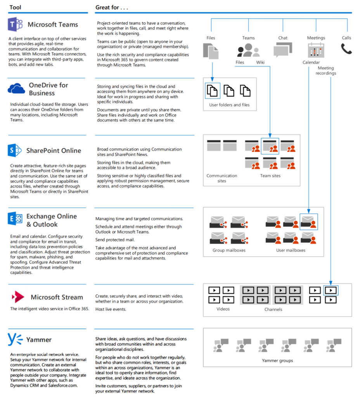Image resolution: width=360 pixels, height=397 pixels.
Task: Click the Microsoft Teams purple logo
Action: [15, 24]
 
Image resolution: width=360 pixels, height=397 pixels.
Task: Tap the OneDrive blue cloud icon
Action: [16, 89]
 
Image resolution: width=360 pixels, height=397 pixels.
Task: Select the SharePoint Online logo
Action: [14, 150]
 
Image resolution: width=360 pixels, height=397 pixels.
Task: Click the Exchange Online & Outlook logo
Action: [14, 219]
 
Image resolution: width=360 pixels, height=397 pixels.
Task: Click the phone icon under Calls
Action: [346, 48]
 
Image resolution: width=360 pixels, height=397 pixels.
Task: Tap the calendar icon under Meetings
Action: [316, 50]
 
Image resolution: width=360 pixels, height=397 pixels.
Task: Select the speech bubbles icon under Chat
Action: [282, 50]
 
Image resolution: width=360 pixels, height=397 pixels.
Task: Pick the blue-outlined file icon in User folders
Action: [213, 91]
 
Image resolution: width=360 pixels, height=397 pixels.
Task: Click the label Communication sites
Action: [222, 178]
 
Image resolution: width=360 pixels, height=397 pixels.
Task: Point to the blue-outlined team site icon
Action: [270, 146]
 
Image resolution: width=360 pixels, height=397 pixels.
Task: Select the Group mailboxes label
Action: [229, 250]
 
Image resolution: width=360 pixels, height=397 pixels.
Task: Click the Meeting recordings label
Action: [326, 71]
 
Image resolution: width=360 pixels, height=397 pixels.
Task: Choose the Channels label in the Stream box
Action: [273, 309]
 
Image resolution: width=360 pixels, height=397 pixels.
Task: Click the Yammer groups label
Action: [277, 361]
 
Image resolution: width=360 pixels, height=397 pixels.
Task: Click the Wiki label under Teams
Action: [260, 62]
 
